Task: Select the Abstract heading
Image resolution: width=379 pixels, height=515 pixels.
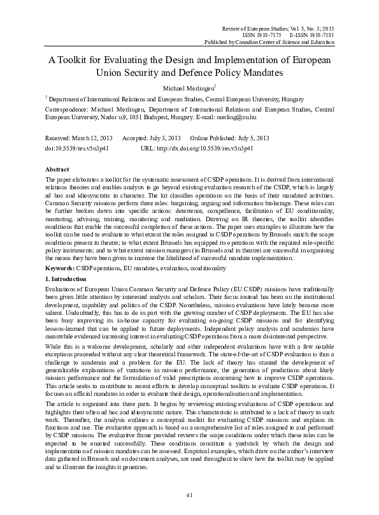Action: [57, 170]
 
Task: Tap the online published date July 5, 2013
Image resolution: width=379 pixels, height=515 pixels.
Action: [251, 138]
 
